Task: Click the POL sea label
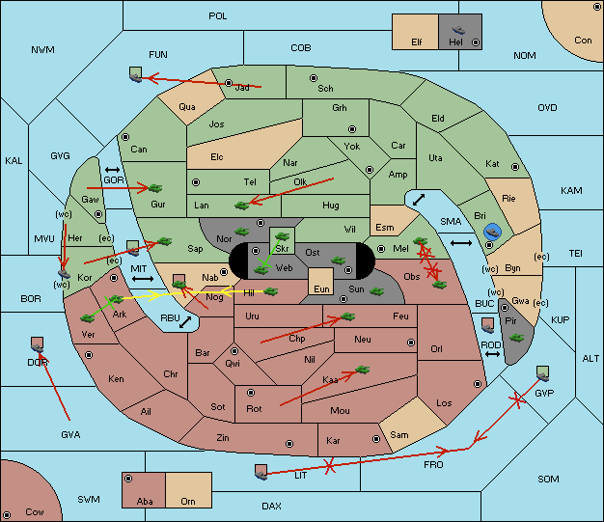pyautogui.click(x=218, y=16)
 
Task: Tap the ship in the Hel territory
pyautogui.click(x=458, y=30)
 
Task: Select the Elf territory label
pyautogui.click(x=417, y=42)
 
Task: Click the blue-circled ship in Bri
pyautogui.click(x=492, y=232)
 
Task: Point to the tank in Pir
pyautogui.click(x=516, y=338)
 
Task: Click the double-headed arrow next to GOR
pyautogui.click(x=112, y=170)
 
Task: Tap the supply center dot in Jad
pyautogui.click(x=229, y=83)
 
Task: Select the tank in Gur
pyautogui.click(x=155, y=188)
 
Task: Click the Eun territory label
pyautogui.click(x=321, y=288)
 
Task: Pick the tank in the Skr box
pyautogui.click(x=282, y=235)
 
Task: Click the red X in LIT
pyautogui.click(x=329, y=466)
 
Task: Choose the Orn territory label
pyautogui.click(x=188, y=501)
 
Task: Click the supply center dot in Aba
pyautogui.click(x=128, y=479)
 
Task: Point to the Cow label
pyautogui.click(x=35, y=512)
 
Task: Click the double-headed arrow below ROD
pyautogui.click(x=492, y=354)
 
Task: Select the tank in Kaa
pyautogui.click(x=362, y=370)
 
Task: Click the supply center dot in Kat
pyautogui.click(x=515, y=167)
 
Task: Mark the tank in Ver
pyautogui.click(x=88, y=318)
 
